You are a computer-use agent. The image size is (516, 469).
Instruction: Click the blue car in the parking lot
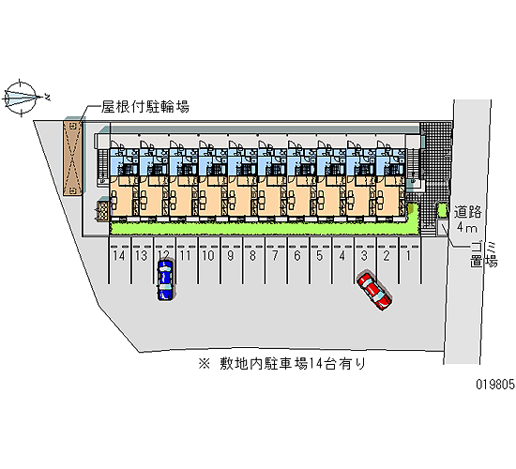point(165,280)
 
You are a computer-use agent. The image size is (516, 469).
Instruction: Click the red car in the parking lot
point(374,291)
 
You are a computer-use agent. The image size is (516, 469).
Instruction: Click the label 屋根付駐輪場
point(145,107)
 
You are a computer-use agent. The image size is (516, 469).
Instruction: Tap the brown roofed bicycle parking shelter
point(72,158)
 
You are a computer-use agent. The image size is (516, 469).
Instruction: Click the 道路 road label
point(467,212)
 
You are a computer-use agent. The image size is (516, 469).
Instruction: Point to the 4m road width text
point(466,227)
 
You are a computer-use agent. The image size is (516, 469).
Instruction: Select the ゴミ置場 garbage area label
point(484,255)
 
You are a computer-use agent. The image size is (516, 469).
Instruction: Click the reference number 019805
point(495,384)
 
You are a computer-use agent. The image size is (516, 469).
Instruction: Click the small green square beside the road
point(442,210)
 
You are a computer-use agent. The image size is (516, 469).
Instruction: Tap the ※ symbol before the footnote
point(204,364)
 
